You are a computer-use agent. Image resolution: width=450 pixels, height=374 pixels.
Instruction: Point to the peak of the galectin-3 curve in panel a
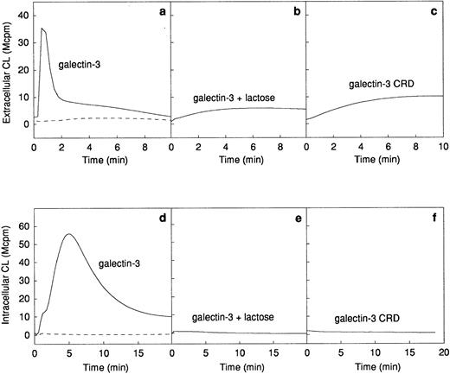(x=42, y=29)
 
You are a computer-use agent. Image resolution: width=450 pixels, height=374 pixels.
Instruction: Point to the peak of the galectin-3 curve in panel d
(x=69, y=234)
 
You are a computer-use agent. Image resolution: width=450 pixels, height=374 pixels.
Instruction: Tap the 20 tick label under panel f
(x=442, y=352)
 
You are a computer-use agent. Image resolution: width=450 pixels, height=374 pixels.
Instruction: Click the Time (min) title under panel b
(x=240, y=159)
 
